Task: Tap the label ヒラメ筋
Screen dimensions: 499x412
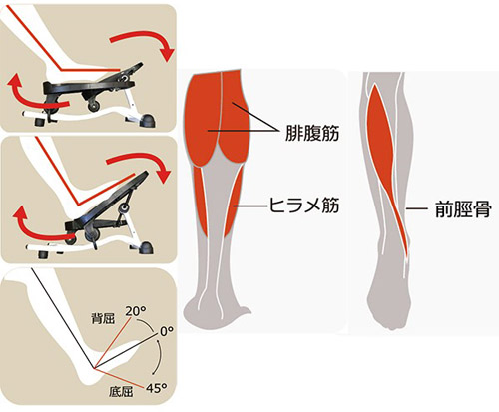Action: pos(303,205)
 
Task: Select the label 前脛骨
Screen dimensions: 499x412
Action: pos(463,209)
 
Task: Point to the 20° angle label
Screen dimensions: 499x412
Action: pos(136,311)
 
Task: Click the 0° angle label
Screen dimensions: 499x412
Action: pos(167,331)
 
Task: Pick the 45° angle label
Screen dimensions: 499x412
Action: pos(156,388)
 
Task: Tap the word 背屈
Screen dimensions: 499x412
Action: pos(103,319)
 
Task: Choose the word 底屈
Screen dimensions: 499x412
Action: pos(121,392)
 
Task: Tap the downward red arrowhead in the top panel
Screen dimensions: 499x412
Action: pos(167,54)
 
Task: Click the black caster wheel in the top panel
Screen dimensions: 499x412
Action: pos(94,106)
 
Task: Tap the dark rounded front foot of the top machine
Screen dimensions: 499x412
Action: pos(148,121)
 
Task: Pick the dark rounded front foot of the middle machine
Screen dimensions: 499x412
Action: pos(146,248)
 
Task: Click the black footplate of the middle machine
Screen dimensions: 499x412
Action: pos(110,200)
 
